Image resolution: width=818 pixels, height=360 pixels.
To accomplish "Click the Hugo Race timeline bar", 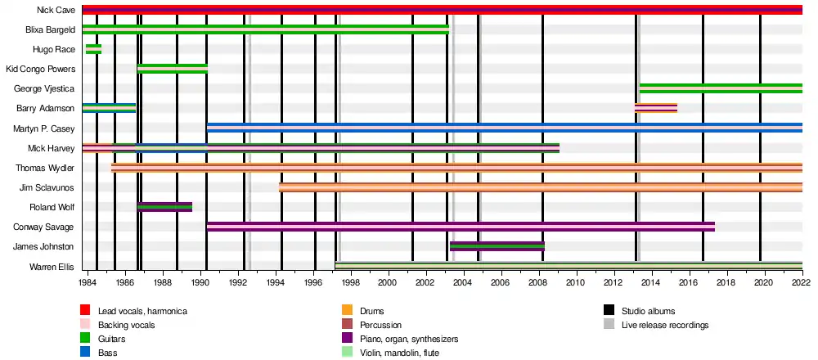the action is click(x=93, y=49).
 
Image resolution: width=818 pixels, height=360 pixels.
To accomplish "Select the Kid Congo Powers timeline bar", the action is click(x=173, y=69).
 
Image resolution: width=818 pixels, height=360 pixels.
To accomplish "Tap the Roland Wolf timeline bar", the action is click(x=165, y=207).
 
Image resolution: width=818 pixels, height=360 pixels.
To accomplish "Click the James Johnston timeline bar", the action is click(x=497, y=246).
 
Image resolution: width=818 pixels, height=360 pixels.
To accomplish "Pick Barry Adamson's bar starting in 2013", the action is click(x=656, y=108).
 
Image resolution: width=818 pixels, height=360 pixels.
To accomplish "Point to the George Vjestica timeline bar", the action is click(x=721, y=88).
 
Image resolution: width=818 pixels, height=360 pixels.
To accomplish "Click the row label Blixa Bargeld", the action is click(x=50, y=29).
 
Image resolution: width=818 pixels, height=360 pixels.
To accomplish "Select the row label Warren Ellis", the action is click(x=52, y=268).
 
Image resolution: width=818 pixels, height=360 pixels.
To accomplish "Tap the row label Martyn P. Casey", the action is click(x=44, y=128).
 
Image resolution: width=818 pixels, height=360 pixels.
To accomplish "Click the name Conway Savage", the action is click(x=47, y=227).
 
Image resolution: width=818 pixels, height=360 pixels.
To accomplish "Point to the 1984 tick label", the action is click(x=88, y=282).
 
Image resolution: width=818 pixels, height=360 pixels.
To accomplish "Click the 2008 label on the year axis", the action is click(x=539, y=282).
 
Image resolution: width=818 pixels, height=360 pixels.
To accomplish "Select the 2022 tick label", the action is click(x=802, y=282).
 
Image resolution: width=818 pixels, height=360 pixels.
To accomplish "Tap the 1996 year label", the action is click(x=313, y=282).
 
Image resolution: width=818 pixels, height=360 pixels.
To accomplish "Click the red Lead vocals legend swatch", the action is click(x=85, y=311).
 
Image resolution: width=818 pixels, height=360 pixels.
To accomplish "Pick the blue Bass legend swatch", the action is click(x=85, y=353).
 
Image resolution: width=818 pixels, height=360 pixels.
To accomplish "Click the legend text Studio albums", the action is click(x=649, y=311).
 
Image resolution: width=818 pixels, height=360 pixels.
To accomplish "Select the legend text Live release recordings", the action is click(x=665, y=325).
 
